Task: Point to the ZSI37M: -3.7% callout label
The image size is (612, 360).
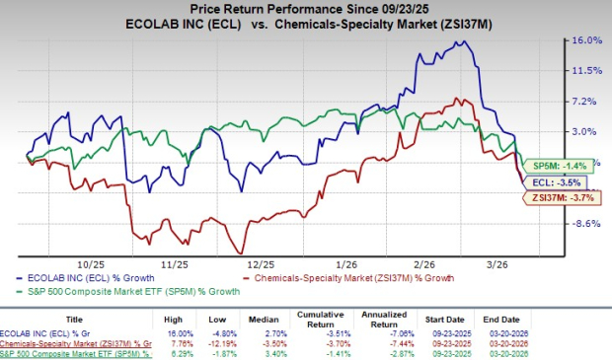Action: click(555, 198)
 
